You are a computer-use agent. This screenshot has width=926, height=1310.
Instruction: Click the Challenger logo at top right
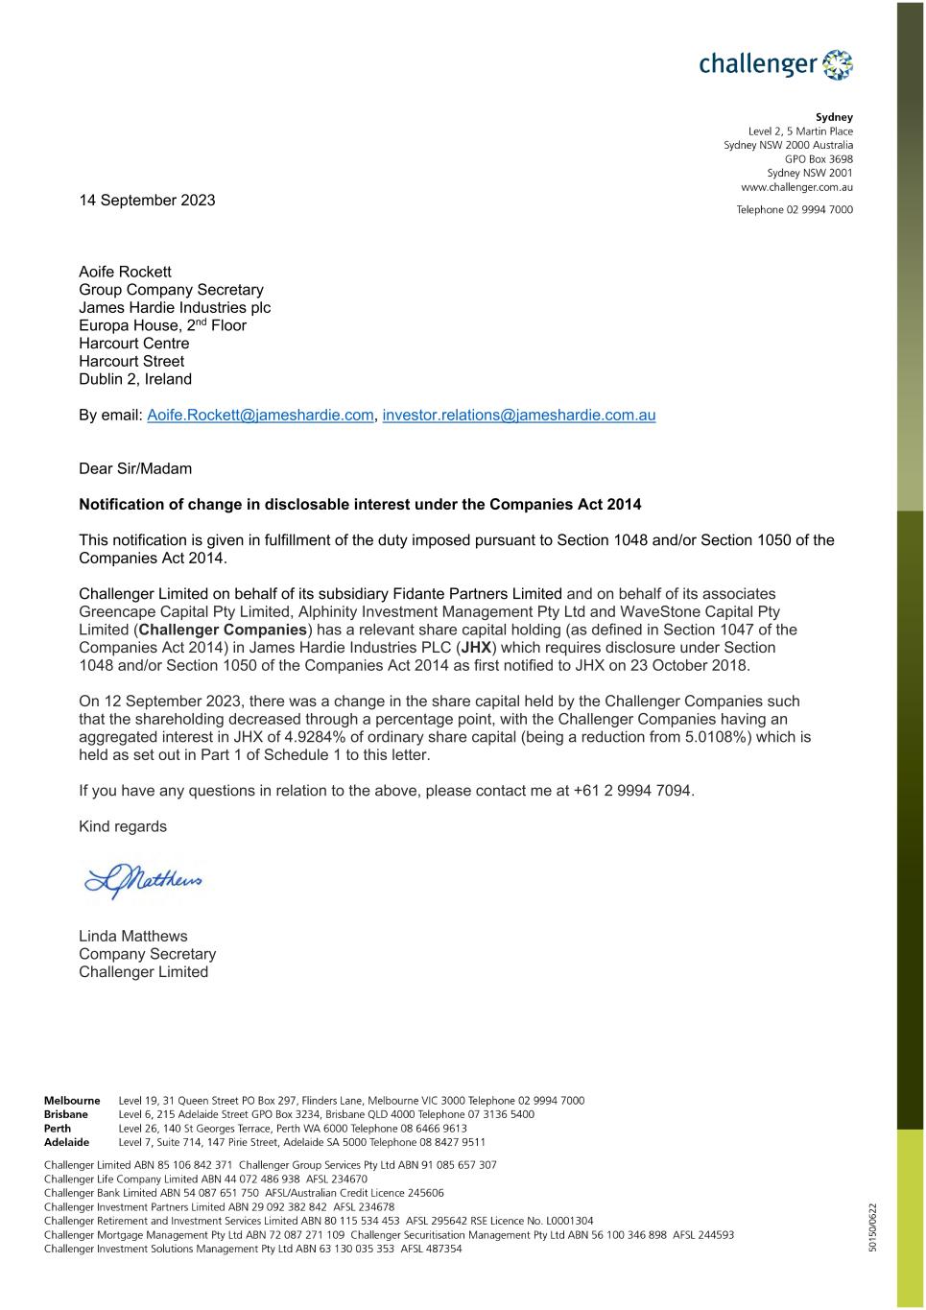coord(775,64)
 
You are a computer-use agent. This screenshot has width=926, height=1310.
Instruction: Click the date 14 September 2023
coord(147,200)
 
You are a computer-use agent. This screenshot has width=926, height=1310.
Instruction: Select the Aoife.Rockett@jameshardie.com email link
coord(260,415)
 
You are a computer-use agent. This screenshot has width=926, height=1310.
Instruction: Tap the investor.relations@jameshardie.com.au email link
coord(518,415)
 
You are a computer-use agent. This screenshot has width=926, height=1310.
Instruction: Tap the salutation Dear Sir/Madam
coord(135,468)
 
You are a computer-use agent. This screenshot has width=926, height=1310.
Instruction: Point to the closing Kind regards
coord(123,826)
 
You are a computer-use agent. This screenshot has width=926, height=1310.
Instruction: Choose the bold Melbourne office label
coord(72,1101)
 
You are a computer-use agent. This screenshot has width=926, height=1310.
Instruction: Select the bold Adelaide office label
coord(66,1142)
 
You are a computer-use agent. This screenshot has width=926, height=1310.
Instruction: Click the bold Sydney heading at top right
coord(834,117)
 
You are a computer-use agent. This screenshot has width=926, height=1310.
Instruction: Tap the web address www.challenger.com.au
coord(796,187)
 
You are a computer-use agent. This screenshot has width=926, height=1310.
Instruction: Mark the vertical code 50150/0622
coord(872,1227)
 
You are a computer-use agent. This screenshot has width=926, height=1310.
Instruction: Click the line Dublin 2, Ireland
coord(135,379)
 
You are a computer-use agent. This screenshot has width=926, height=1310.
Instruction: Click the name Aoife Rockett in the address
coord(125,272)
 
